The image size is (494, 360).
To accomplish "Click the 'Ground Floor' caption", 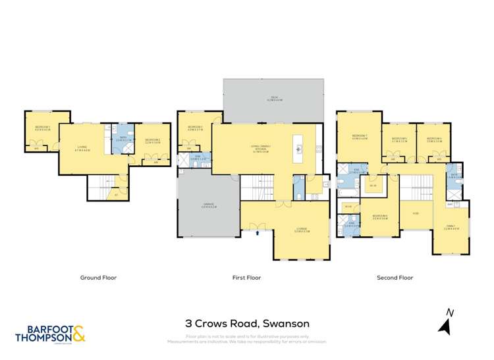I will pos(98,278).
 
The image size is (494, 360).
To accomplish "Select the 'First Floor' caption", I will pos(246,278).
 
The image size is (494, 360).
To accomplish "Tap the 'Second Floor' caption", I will pos(395,278).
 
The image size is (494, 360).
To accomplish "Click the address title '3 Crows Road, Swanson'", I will pos(247,324).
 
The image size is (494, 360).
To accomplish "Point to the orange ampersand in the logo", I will pos(78,335).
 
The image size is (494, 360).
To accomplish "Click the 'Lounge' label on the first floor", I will pos(302,230).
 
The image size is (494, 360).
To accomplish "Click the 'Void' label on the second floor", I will pos(416,213).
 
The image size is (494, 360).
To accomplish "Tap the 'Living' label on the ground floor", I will pos(83,148).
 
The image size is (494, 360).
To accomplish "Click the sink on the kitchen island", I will pos(299,147).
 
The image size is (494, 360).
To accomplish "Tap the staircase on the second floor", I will pos(415,188).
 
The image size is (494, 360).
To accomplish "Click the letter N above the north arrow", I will pos(449,313).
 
